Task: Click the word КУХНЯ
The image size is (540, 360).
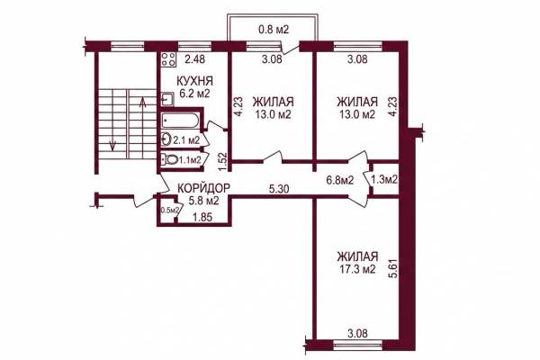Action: (194, 81)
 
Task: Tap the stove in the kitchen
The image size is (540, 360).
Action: (168, 59)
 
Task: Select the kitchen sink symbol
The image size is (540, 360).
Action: (167, 99)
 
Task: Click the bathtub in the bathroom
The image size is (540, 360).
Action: (180, 121)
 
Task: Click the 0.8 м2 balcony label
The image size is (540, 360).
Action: (273, 30)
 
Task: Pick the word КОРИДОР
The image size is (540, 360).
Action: (203, 188)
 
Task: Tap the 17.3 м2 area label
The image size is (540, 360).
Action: (356, 269)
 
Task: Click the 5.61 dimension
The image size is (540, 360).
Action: (393, 269)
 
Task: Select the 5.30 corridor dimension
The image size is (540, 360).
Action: (279, 189)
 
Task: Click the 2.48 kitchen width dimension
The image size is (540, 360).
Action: (194, 59)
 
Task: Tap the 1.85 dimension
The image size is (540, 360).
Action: (202, 218)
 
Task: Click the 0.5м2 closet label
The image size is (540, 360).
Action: (169, 210)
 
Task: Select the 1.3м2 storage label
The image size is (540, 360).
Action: (384, 179)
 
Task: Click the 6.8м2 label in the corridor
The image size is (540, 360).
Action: (340, 179)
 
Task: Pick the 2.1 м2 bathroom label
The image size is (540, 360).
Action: (186, 140)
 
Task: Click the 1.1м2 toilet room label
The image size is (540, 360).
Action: (189, 160)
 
